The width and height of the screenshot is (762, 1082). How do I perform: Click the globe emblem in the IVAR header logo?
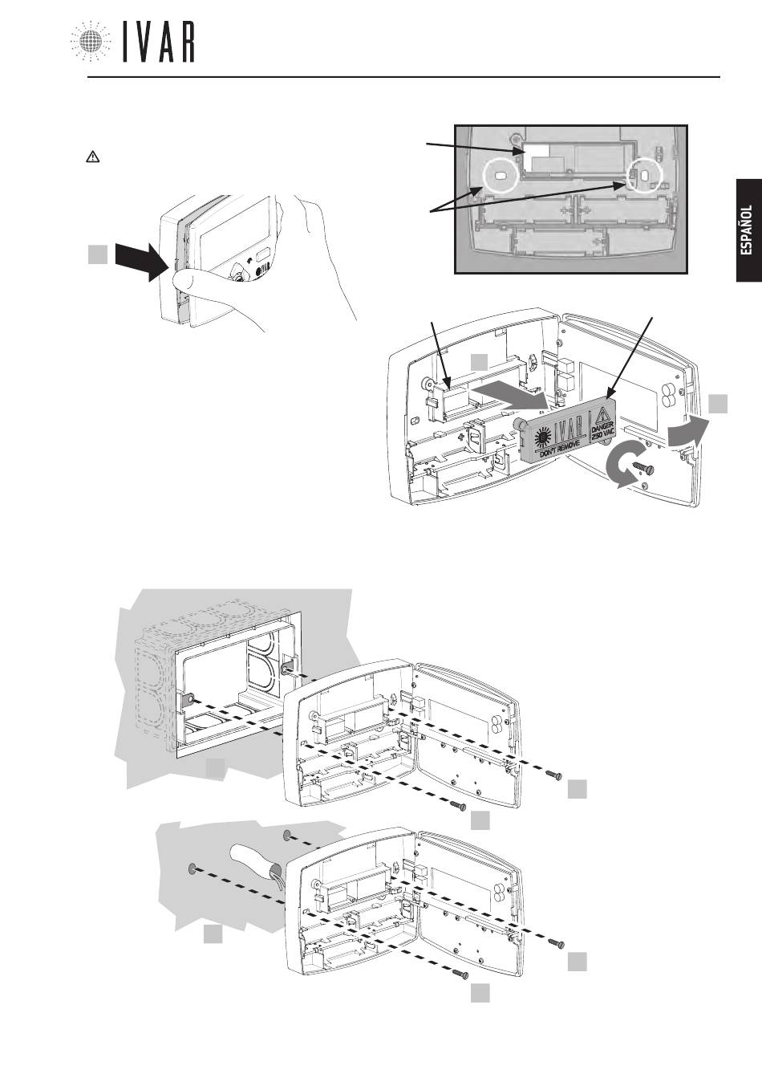click(x=91, y=41)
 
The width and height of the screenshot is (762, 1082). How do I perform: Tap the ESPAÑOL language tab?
click(x=747, y=230)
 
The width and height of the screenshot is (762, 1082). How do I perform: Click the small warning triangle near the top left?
click(x=91, y=158)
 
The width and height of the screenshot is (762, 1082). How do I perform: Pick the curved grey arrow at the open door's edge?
click(x=685, y=434)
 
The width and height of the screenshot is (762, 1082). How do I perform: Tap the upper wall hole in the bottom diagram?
click(x=287, y=837)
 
